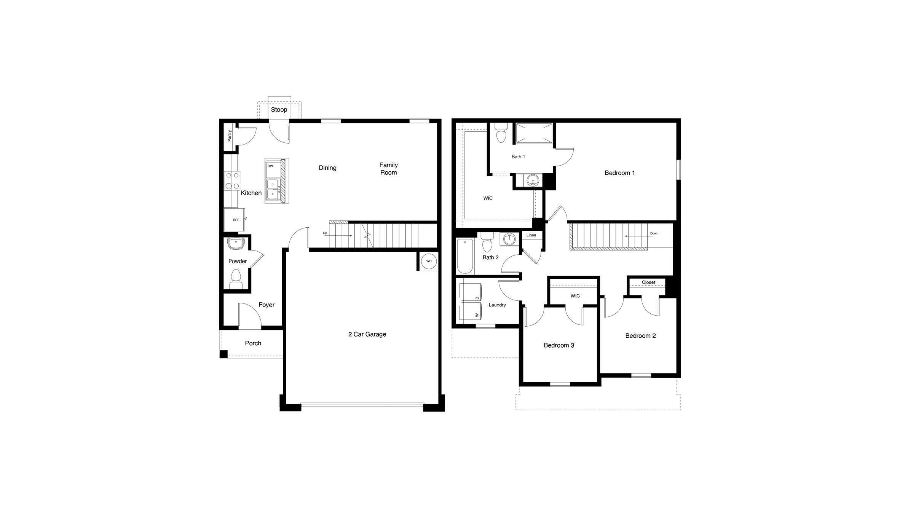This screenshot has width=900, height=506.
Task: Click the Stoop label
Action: pos(279,110)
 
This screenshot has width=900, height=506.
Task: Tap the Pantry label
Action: pos(230,136)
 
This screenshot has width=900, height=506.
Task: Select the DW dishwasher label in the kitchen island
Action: pos(270,166)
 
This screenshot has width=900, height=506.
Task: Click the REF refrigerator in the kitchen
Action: pos(236,220)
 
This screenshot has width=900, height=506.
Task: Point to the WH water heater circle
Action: pos(429,261)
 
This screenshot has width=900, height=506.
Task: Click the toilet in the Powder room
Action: pos(236,279)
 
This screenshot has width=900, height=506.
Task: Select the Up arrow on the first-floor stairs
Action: pos(338,235)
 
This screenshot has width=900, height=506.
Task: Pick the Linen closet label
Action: pos(531,235)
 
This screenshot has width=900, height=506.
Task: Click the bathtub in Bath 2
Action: pos(464,256)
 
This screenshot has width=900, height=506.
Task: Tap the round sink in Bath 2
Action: pos(509,239)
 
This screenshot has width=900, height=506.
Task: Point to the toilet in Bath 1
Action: pos(501,132)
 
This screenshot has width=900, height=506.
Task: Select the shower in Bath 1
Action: pos(534,133)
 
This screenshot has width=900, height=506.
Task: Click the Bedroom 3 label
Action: pos(559,345)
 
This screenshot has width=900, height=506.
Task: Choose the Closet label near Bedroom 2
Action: pos(648,282)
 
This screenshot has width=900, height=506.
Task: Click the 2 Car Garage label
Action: pos(367,334)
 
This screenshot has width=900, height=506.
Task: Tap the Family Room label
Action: pos(388,169)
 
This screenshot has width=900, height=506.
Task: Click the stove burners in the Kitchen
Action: pos(232,180)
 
